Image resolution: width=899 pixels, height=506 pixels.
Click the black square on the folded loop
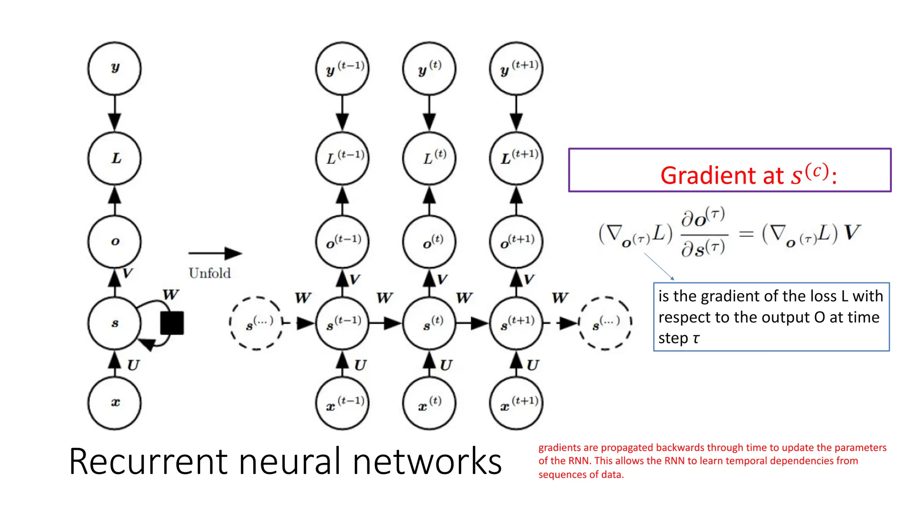tap(172, 323)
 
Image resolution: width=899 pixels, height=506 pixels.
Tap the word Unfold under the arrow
tap(209, 273)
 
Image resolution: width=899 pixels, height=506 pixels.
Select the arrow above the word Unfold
tap(215, 253)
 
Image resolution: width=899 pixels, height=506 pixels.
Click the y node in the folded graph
tap(115, 68)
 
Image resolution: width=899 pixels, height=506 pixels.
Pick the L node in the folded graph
tap(115, 158)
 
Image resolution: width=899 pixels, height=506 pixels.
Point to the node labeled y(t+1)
tap(516, 68)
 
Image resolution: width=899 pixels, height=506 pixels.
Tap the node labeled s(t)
tap(429, 323)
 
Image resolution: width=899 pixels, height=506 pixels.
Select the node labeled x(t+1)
tap(516, 403)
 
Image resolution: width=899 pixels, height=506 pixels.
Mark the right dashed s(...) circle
tap(605, 323)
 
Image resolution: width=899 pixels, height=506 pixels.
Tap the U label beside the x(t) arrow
tap(446, 365)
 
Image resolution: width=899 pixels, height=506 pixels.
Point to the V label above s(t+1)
tap(529, 279)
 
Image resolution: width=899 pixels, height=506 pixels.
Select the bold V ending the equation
tap(852, 232)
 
